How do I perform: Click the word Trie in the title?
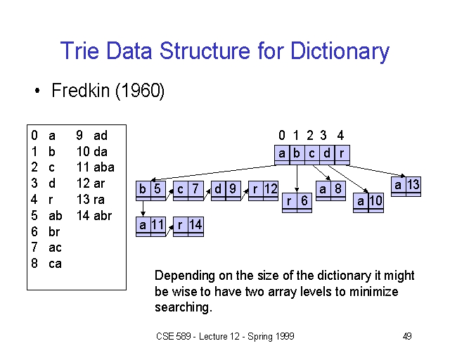click(79, 51)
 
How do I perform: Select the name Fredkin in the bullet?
click(81, 90)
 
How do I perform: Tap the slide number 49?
click(407, 336)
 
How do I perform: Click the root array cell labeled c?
click(312, 153)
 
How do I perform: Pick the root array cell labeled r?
click(342, 153)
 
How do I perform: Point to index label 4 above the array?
click(340, 135)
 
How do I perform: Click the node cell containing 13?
click(413, 185)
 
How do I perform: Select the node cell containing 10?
click(376, 201)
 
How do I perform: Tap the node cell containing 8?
click(338, 189)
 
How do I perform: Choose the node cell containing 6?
click(304, 201)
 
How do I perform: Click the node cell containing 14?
click(196, 225)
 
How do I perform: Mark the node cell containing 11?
click(158, 225)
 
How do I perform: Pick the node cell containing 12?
click(271, 189)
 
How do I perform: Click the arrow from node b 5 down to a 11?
click(143, 208)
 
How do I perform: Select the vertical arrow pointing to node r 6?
click(297, 179)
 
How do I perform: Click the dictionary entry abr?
click(103, 216)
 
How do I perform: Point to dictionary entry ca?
click(55, 264)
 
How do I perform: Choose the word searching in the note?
click(184, 307)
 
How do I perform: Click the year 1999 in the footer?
click(285, 336)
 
